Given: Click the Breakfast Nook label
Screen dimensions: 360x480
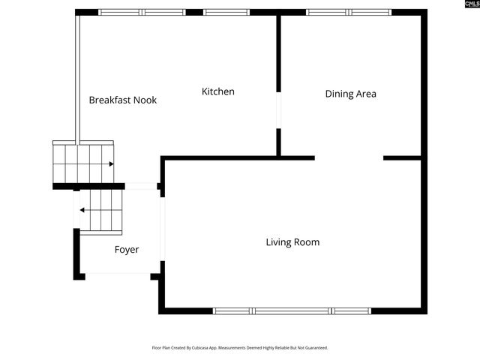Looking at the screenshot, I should (122, 100).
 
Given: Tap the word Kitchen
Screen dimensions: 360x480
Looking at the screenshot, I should (217, 91).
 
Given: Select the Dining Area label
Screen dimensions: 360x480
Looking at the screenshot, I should (350, 94).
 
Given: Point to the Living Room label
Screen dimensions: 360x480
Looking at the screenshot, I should (292, 242).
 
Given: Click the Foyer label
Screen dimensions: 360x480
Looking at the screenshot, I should (126, 250).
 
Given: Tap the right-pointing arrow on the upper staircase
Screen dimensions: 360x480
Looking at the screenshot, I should (110, 163).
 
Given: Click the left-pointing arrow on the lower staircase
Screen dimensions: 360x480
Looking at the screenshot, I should (84, 211).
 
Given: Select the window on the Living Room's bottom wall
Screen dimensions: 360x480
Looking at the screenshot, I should (292, 310).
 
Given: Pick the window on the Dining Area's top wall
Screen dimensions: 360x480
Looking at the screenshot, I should (349, 12).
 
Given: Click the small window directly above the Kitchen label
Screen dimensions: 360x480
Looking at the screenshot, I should (226, 12).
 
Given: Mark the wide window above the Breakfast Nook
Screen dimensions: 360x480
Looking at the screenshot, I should (142, 12).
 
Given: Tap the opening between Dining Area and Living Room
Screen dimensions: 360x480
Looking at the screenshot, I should (349, 158).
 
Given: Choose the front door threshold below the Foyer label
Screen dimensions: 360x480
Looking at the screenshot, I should (118, 274).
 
